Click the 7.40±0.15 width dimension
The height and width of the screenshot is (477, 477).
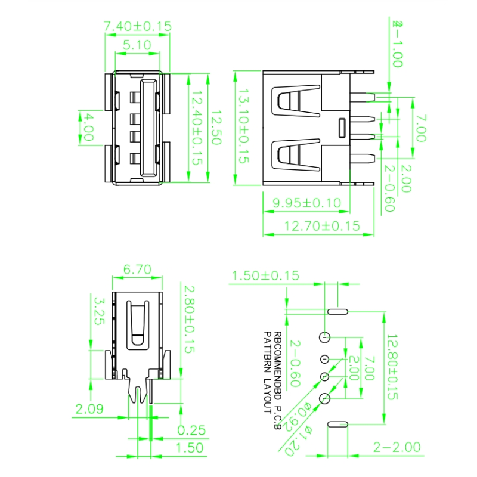pyautogui.click(x=138, y=26)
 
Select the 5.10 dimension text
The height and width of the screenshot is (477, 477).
pyautogui.click(x=137, y=45)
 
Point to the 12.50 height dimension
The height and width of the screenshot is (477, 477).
pyautogui.click(x=215, y=128)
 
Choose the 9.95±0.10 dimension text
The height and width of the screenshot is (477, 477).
pyautogui.click(x=306, y=203)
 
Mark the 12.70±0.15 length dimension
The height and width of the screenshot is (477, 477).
pyautogui.click(x=322, y=225)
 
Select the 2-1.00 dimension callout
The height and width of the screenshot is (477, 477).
pyautogui.click(x=397, y=45)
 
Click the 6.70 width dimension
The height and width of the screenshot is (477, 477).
pyautogui.click(x=137, y=270)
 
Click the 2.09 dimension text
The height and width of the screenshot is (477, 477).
pyautogui.click(x=89, y=409)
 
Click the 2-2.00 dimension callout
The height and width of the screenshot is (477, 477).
pyautogui.click(x=397, y=447)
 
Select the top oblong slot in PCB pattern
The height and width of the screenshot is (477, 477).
pyautogui.click(x=338, y=311)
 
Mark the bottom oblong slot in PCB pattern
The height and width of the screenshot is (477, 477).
pyautogui.click(x=338, y=425)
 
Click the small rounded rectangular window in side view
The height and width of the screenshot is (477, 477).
pyautogui.click(x=342, y=127)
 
